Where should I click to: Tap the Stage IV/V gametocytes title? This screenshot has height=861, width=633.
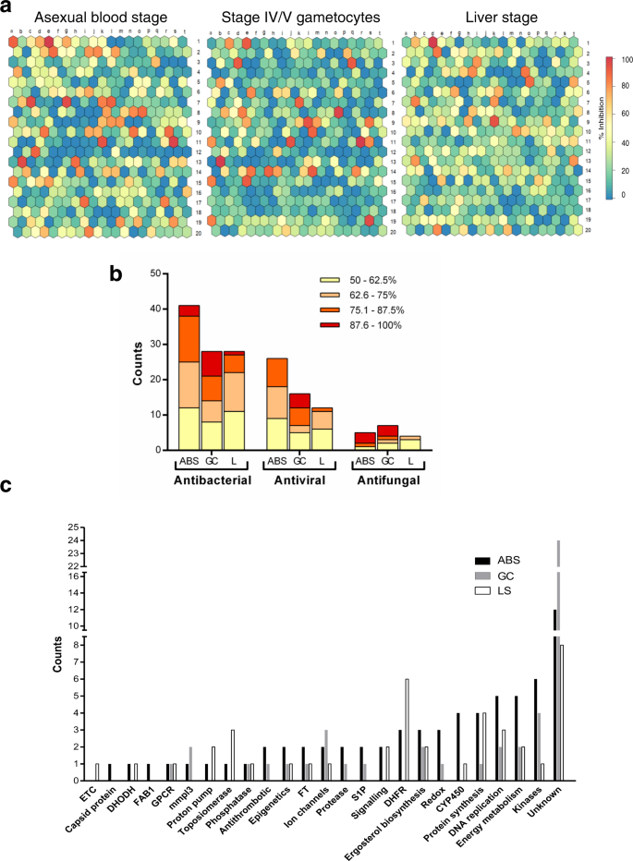(294, 18)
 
